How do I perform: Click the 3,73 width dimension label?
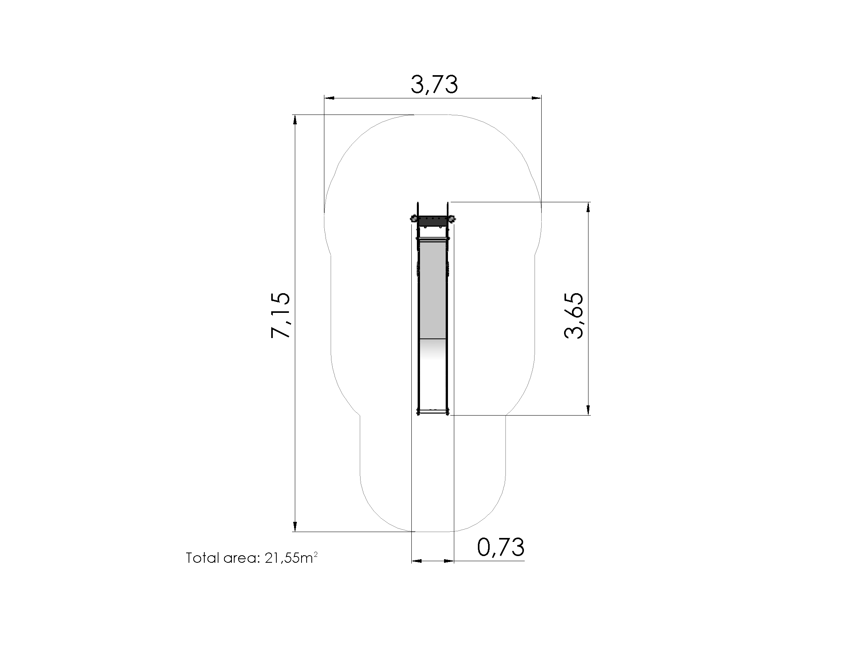coord(434,84)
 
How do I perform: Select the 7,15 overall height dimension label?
coord(281,315)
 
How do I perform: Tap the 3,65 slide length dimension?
coord(574,316)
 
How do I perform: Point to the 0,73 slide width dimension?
coord(501,547)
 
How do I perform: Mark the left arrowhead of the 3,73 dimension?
coord(329,98)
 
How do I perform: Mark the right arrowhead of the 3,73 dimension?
coord(536,98)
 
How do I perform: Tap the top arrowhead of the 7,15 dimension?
coord(294,120)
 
